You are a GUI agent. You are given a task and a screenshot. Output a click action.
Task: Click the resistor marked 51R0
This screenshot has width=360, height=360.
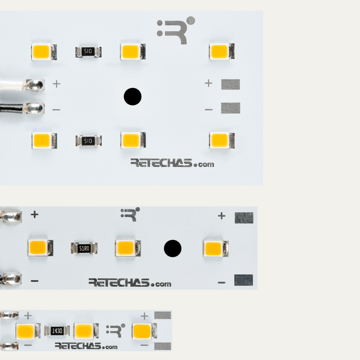point(84,249)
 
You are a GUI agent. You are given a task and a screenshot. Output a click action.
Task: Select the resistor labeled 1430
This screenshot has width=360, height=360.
point(57,331)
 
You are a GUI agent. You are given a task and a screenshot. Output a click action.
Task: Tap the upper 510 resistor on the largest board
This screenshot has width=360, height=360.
point(88,52)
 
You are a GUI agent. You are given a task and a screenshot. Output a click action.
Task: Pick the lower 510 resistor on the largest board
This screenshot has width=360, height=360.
point(88,141)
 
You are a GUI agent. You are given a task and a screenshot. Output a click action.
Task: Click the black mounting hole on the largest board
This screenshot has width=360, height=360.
point(133,97)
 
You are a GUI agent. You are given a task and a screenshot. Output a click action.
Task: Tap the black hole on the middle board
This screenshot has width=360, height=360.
point(172,249)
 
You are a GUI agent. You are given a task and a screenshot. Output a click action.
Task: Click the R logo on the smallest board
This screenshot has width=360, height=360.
point(116,330)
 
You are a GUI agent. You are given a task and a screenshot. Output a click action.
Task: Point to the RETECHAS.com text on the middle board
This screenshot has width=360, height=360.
point(130,283)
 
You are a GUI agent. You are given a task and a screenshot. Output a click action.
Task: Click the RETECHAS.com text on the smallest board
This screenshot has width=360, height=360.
point(86,346)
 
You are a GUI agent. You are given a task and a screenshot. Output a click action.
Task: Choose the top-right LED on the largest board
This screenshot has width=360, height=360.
point(221,51)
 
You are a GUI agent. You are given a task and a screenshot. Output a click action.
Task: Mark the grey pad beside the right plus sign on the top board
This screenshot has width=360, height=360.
point(230,84)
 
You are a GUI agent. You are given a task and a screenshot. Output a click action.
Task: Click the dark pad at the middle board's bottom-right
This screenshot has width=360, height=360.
point(243,280)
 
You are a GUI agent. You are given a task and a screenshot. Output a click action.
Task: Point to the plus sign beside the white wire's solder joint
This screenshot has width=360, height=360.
point(56,84)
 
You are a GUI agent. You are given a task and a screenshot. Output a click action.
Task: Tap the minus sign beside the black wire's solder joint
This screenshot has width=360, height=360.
point(56,110)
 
